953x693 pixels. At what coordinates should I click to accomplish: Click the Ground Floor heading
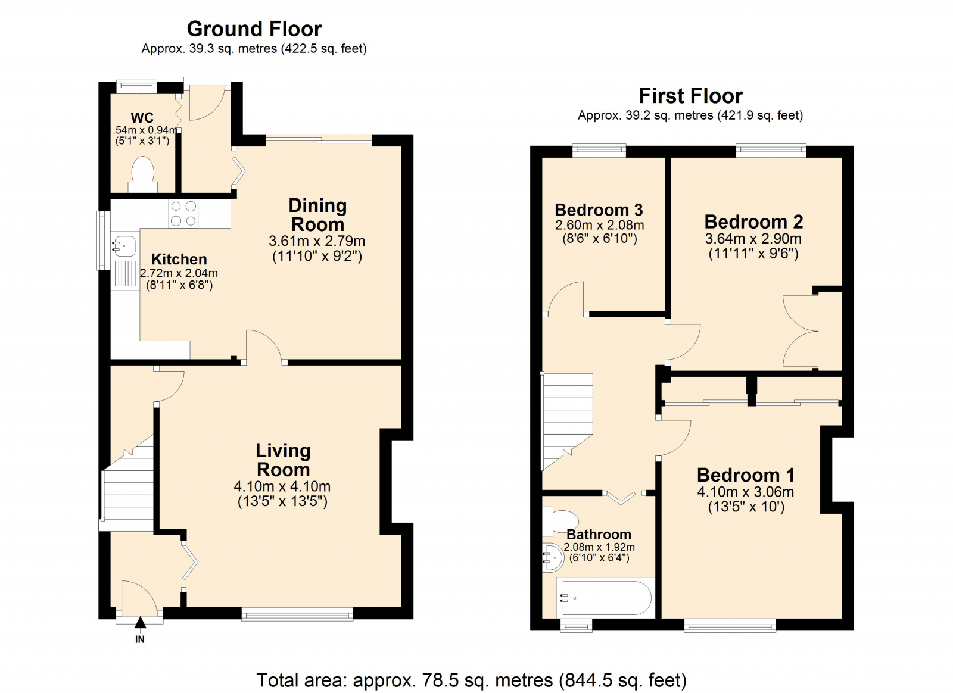pyautogui.click(x=254, y=29)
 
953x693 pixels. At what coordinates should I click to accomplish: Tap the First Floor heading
pyautogui.click(x=690, y=96)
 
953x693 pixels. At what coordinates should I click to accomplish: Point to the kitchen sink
pyautogui.click(x=124, y=245)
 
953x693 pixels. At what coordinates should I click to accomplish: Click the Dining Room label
pyautogui.click(x=317, y=215)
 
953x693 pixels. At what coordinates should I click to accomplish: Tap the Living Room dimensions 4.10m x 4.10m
pyautogui.click(x=282, y=486)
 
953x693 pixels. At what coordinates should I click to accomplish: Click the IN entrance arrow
pyautogui.click(x=140, y=624)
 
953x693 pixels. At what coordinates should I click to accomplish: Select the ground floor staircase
pyautogui.click(x=128, y=485)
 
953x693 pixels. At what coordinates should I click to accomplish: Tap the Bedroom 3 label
pyautogui.click(x=599, y=210)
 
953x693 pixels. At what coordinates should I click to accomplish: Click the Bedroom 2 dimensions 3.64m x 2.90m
pyautogui.click(x=753, y=239)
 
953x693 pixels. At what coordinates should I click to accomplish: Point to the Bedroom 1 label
pyautogui.click(x=746, y=475)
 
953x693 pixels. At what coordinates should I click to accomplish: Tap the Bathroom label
pyautogui.click(x=599, y=534)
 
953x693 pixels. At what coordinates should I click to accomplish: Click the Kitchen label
pyautogui.click(x=179, y=259)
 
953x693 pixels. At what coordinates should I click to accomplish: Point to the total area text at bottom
pyautogui.click(x=471, y=680)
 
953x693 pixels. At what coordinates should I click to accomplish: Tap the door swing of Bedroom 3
pyautogui.click(x=566, y=298)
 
